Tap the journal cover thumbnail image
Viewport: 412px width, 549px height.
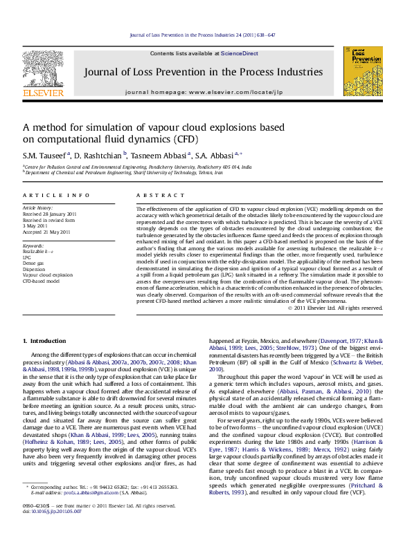coord(363,71)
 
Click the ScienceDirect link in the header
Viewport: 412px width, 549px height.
coord(240,53)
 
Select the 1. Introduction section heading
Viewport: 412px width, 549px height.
coord(44,341)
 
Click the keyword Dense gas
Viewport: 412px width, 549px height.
coord(34,263)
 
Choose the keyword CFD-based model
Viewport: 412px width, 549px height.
coord(41,281)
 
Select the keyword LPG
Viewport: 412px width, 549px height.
coord(27,257)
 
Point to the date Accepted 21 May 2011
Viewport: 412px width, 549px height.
coord(46,232)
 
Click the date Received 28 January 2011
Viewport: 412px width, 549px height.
coord(49,214)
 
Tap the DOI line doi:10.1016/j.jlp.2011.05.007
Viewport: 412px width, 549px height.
coord(52,532)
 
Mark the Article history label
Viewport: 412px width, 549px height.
coord(38,207)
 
